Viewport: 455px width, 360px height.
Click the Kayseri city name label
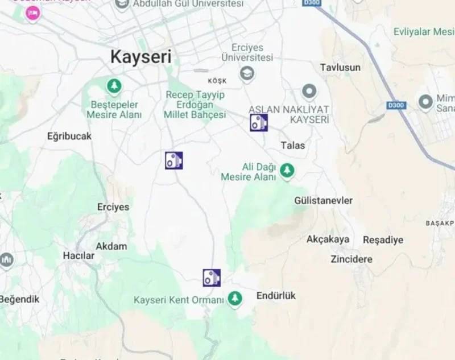[140, 57]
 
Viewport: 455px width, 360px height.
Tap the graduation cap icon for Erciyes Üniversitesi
[247, 74]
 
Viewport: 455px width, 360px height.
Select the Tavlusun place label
[340, 67]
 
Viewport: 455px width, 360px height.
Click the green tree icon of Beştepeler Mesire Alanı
[114, 86]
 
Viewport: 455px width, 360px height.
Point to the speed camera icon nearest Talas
[259, 122]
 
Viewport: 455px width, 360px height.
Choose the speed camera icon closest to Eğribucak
[174, 160]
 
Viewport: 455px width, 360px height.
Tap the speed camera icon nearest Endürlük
[212, 278]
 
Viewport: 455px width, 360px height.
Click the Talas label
[293, 146]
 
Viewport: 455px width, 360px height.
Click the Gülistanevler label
[324, 201]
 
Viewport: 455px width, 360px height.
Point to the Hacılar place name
[78, 255]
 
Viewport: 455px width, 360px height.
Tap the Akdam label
[111, 246]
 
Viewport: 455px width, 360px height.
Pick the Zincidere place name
[351, 259]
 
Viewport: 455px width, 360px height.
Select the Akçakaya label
[328, 239]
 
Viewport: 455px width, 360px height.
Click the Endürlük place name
[276, 296]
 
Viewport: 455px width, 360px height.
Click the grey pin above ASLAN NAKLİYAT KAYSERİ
[309, 92]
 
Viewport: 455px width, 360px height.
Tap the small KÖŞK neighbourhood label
[217, 81]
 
